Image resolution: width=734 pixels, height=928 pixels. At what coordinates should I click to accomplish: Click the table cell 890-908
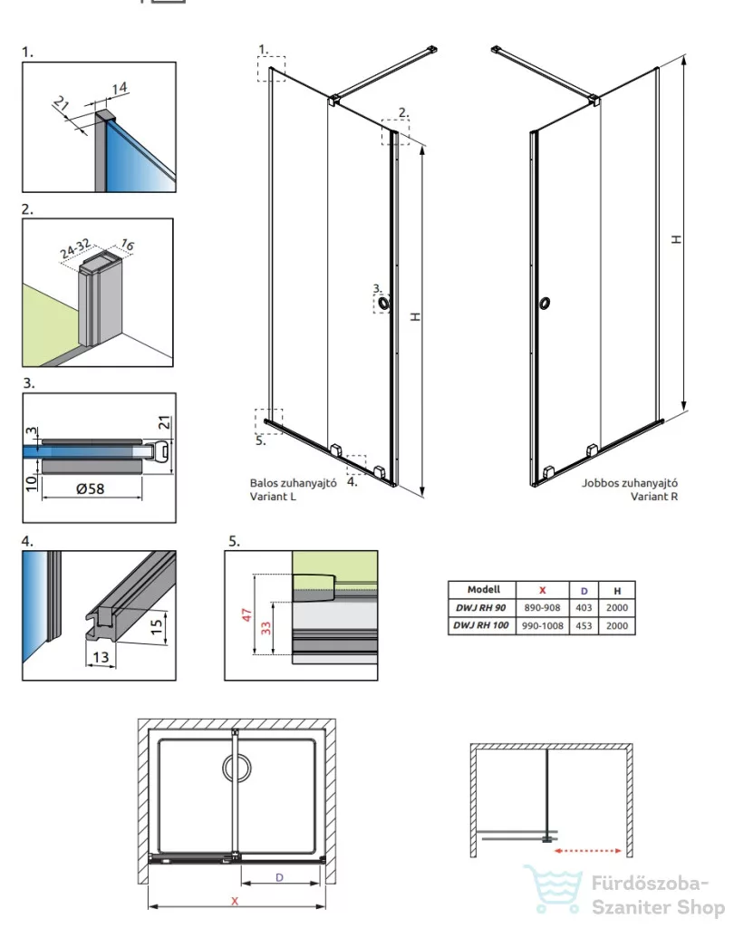(542, 608)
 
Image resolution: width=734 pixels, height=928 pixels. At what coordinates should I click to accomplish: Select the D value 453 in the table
(584, 625)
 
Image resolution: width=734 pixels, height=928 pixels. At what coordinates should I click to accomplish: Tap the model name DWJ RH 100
(481, 625)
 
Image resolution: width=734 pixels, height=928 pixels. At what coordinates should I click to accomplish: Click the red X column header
(542, 590)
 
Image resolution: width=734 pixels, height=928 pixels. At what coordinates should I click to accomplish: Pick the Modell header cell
(483, 589)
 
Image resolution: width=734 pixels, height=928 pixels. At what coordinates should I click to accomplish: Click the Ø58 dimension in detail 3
(91, 488)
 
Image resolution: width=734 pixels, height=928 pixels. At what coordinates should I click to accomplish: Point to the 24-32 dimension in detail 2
(74, 249)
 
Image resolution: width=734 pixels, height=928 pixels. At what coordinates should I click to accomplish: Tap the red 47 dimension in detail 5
(246, 614)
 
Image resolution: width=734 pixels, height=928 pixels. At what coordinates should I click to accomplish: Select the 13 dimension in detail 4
(101, 657)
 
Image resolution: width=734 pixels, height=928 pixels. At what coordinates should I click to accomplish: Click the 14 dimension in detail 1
(120, 88)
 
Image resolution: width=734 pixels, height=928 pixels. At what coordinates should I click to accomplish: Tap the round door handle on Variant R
(545, 304)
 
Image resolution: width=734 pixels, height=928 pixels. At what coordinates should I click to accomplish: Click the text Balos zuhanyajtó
(293, 483)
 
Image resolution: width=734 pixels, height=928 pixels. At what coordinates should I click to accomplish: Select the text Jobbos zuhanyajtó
(629, 483)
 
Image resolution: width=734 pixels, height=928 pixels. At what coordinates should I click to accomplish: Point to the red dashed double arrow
(587, 851)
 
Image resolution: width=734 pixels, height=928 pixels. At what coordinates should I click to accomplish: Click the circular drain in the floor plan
(237, 768)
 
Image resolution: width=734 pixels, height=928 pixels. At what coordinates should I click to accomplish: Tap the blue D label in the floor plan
(279, 877)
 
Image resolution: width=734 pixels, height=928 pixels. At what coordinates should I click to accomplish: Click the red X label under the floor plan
(235, 901)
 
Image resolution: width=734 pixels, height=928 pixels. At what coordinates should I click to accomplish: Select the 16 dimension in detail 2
(127, 245)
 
